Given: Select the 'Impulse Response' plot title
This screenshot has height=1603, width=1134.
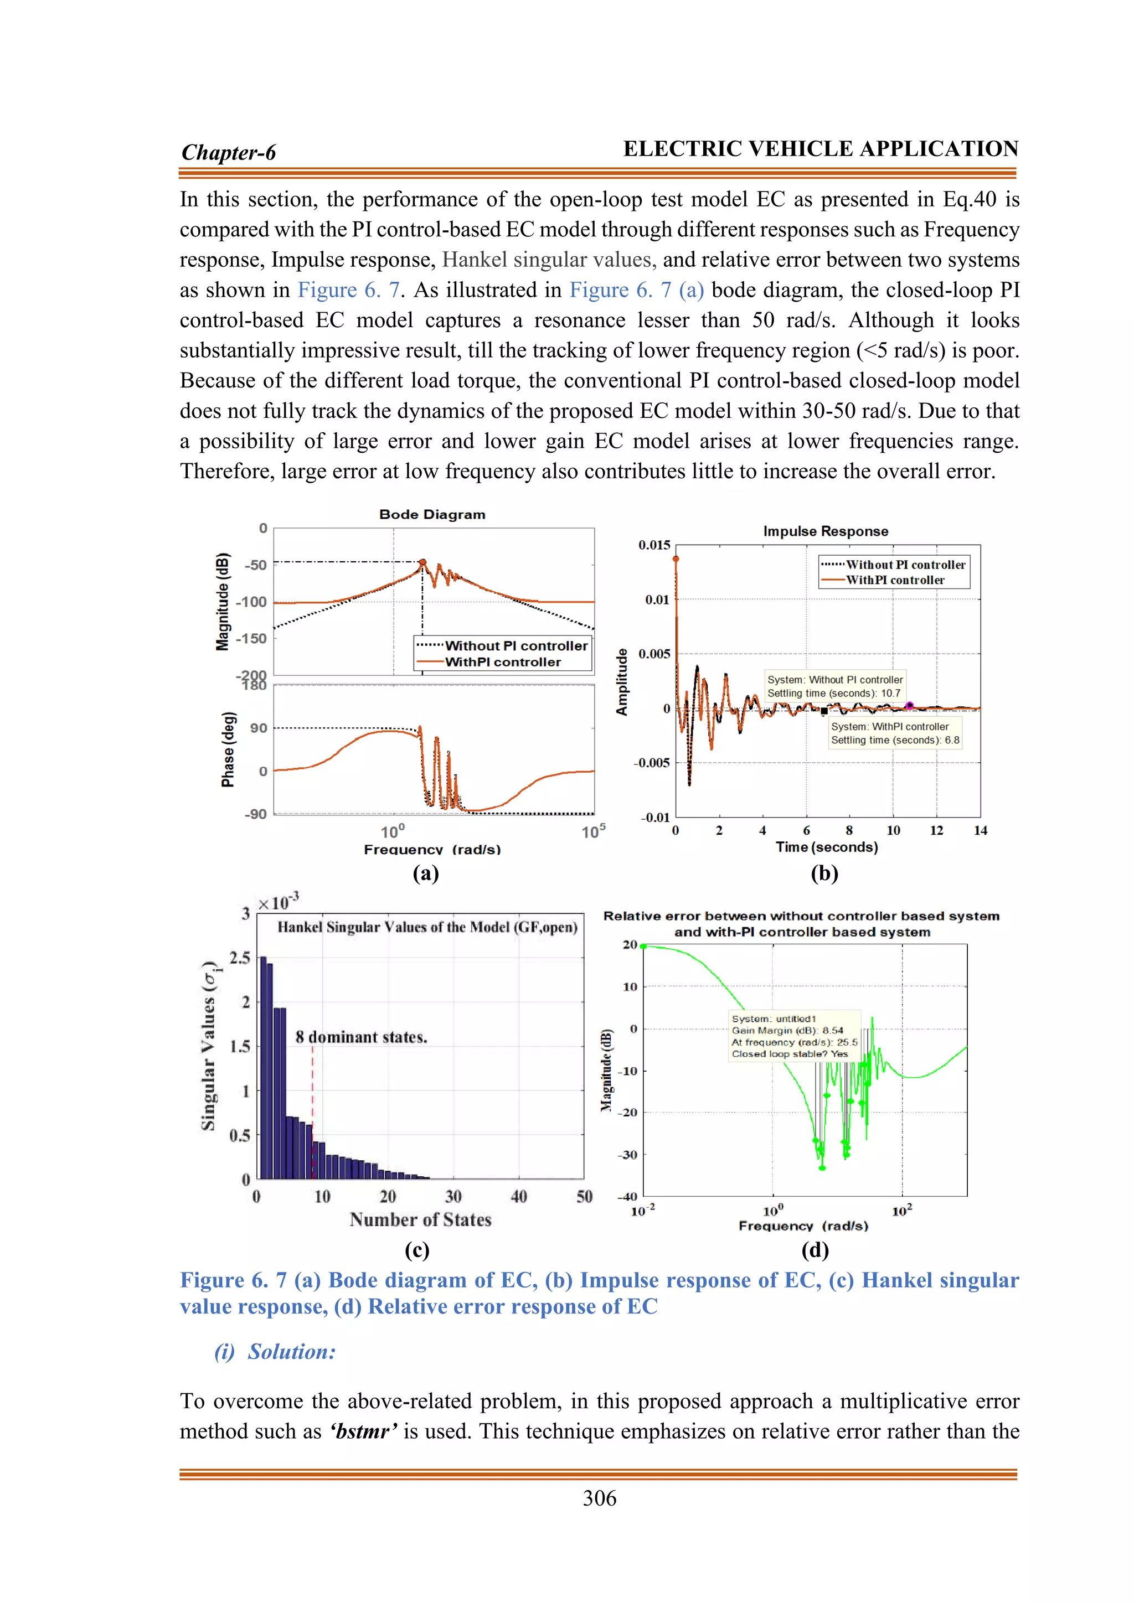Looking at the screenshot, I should tap(826, 531).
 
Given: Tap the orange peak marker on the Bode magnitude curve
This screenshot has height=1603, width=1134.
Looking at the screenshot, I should tap(422, 562).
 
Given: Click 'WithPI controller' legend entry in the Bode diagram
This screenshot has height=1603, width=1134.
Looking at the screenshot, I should tap(502, 662).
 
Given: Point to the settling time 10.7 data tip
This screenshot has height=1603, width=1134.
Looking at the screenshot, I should tap(834, 686).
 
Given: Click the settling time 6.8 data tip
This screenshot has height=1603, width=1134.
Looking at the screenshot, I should tap(894, 733).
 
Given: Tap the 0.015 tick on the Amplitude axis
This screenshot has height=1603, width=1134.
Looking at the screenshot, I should tap(654, 545).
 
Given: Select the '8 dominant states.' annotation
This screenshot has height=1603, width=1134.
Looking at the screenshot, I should tap(361, 1037).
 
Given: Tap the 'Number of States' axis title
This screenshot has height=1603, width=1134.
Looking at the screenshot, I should tap(420, 1220).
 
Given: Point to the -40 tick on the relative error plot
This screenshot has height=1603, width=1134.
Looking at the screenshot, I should tap(627, 1197).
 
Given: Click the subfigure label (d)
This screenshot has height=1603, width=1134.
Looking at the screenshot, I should tap(815, 1250).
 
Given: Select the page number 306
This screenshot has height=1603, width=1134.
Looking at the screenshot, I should tap(599, 1498).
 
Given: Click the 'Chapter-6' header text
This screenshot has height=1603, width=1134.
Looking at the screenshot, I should tap(228, 152).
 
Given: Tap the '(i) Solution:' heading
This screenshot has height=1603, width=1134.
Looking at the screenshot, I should tap(275, 1352).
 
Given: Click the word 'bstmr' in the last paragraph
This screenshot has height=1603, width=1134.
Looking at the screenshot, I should tap(363, 1431).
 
